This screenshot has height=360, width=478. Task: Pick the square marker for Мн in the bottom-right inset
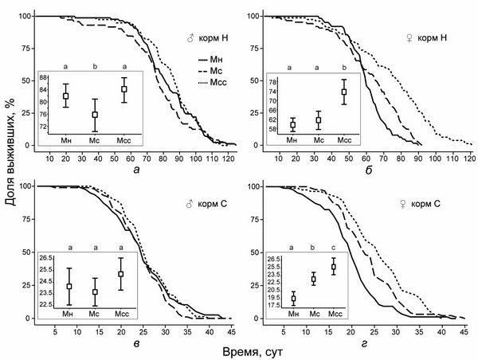pos(293,299)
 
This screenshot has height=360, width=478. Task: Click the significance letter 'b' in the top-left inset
pos(95,68)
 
